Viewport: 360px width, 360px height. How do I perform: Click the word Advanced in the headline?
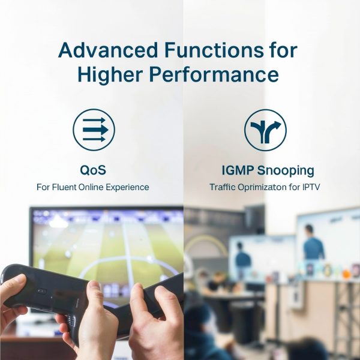[108, 50]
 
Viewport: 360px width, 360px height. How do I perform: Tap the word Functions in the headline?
[214, 50]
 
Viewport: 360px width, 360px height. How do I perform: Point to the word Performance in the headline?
[214, 74]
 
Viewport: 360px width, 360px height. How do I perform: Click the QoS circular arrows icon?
[94, 130]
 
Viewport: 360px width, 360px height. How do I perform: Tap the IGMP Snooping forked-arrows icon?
[265, 130]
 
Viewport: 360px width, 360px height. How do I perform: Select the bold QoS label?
[93, 170]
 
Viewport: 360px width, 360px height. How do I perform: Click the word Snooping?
[286, 171]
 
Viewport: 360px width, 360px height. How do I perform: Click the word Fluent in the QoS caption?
[64, 187]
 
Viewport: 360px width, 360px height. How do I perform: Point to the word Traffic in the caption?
[223, 187]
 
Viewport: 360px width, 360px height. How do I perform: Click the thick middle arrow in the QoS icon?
[95, 130]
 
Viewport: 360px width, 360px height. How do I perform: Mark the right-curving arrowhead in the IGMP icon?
[277, 125]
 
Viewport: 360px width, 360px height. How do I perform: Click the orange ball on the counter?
[346, 274]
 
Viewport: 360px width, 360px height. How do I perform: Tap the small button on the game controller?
[42, 291]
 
